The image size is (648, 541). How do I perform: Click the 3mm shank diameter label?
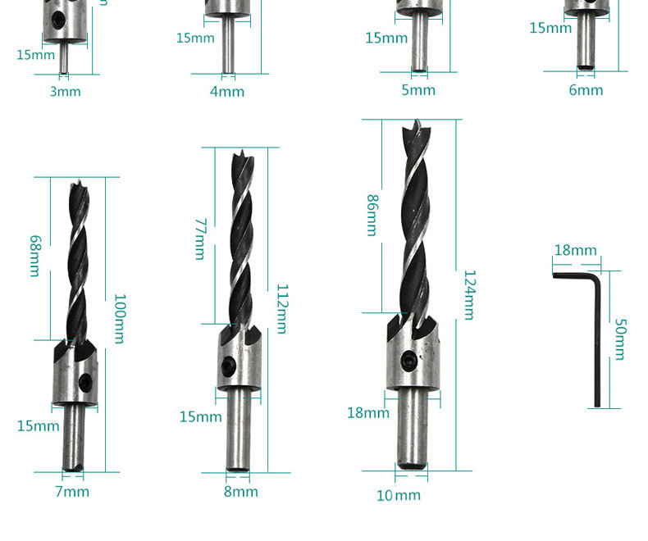[x=66, y=91]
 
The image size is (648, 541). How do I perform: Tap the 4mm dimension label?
[x=227, y=91]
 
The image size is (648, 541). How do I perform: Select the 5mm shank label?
[x=418, y=90]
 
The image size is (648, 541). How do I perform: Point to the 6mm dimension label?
[x=586, y=90]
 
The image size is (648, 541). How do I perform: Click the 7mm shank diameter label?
[x=72, y=492]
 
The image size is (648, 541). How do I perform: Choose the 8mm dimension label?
[x=241, y=492]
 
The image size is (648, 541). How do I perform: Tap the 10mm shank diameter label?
[x=399, y=495]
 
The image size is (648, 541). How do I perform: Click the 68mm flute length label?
[x=35, y=256]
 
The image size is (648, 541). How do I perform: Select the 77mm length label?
[x=200, y=239]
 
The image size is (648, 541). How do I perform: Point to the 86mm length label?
[x=372, y=216]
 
